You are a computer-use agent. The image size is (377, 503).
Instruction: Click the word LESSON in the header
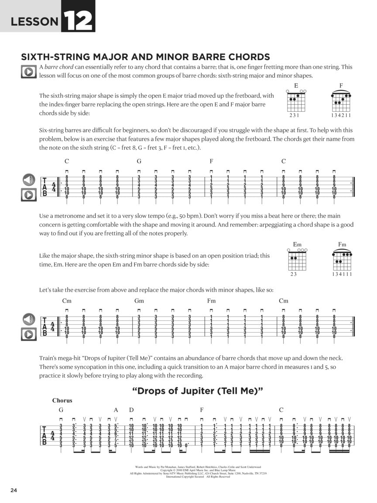34,21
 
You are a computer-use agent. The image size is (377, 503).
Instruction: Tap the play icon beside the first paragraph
28,71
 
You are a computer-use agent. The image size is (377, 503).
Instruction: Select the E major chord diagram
296,101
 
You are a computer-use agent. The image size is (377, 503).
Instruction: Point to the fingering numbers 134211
341,116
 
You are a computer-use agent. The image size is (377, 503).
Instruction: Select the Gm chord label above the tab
139,301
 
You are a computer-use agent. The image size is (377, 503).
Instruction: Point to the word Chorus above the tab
62,400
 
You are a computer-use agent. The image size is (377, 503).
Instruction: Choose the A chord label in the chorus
116,410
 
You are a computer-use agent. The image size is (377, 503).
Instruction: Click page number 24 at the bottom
13,490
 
